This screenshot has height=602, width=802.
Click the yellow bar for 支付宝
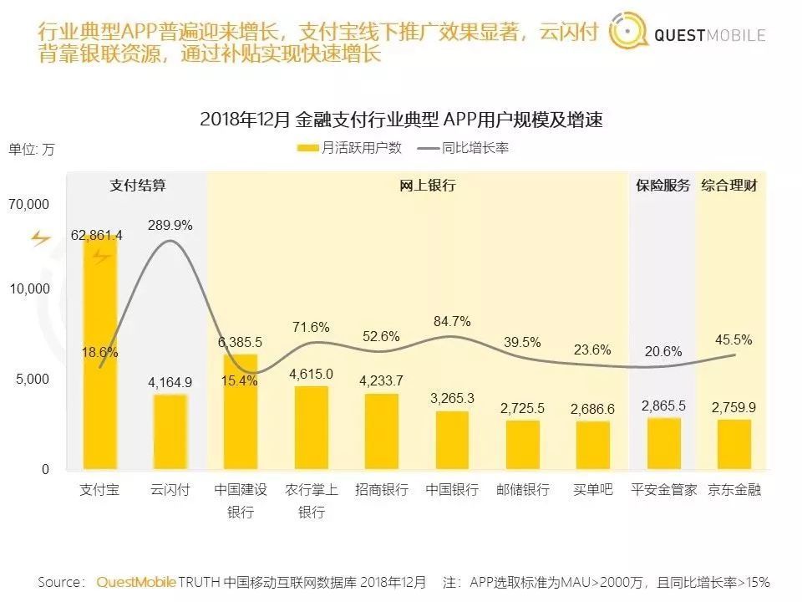[99, 351]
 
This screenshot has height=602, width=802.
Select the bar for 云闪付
[170, 431]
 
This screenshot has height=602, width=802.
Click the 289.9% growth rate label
[170, 225]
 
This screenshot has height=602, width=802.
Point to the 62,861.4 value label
[97, 236]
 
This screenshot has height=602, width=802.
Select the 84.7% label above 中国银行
[452, 321]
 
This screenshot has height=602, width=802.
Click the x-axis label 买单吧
[593, 490]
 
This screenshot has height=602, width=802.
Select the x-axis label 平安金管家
[663, 490]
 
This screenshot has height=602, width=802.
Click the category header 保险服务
[662, 186]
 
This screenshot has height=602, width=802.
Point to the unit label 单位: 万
[32, 150]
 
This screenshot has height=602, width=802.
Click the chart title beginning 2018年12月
[401, 120]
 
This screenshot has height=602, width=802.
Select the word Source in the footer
[60, 582]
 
